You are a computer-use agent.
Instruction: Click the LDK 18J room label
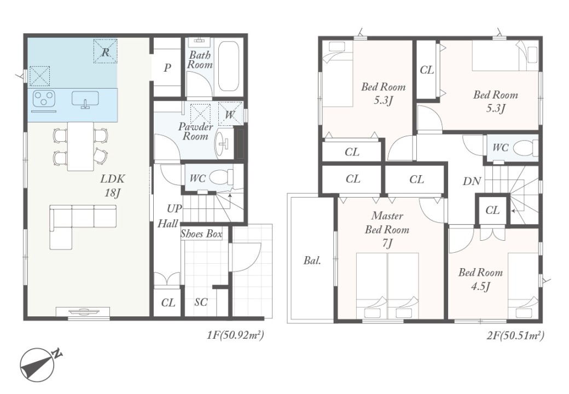click(113, 186)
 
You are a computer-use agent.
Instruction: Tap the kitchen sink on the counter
click(85, 99)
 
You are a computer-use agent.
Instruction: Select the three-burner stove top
click(44, 99)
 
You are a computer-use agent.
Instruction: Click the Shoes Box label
click(201, 234)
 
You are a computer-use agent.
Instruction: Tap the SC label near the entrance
click(201, 302)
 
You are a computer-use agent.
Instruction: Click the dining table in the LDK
click(80, 146)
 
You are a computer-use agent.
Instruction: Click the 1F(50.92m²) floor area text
click(235, 335)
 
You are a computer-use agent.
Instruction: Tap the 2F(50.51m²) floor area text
click(515, 335)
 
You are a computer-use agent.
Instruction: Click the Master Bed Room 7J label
click(387, 230)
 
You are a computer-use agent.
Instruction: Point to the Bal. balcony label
click(312, 260)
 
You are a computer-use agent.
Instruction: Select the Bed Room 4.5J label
click(480, 279)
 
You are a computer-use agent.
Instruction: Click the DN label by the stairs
click(472, 181)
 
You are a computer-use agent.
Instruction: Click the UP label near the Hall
click(174, 209)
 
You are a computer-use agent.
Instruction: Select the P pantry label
click(167, 68)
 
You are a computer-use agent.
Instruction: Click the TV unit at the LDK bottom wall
click(83, 312)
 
